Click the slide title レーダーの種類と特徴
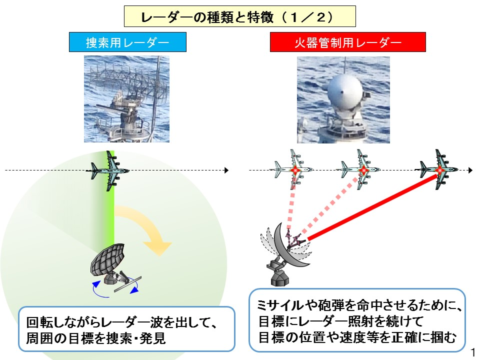207,17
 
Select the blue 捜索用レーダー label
127,42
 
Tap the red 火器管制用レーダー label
348,42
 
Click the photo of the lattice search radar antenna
126,99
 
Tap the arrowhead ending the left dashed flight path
227,170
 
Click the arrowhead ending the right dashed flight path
470,170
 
